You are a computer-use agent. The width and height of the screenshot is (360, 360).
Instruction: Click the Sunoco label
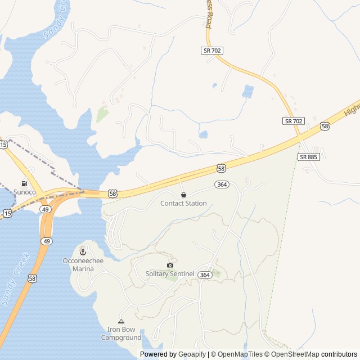[x=25, y=192]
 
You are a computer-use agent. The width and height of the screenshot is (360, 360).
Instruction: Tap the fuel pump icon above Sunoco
[x=24, y=183]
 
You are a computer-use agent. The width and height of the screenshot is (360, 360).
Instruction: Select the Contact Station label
[x=183, y=203]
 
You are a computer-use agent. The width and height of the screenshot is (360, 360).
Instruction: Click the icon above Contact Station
[x=183, y=195]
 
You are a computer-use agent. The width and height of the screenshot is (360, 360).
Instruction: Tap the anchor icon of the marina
[x=83, y=251]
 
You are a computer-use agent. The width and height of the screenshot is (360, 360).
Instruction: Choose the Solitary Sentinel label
[x=170, y=274]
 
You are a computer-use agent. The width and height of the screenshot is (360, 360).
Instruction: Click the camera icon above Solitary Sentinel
[x=170, y=265]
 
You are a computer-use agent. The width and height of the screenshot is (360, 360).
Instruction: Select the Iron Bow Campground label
[x=121, y=334]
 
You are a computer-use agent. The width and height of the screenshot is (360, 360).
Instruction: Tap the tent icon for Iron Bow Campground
[x=121, y=321]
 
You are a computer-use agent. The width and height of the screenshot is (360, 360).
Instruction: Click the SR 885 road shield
[x=309, y=157]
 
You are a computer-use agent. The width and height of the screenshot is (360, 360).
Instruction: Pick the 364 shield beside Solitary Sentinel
[x=205, y=274]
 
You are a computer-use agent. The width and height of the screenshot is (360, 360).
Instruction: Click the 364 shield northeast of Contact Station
[x=222, y=184]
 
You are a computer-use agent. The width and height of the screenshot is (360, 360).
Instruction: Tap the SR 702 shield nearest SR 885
[x=294, y=121]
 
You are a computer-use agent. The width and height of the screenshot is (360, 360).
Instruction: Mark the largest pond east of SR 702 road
[x=247, y=91]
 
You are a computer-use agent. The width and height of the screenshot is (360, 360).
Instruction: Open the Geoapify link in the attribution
[x=192, y=354]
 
